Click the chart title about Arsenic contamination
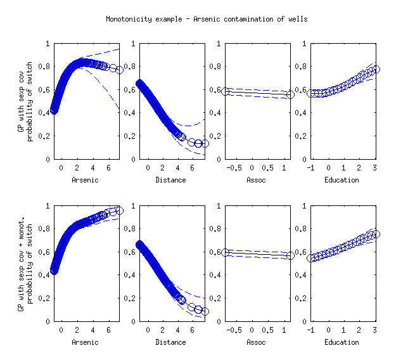point(207,19)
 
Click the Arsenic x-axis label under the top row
point(86,180)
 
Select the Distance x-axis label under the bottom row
point(170,342)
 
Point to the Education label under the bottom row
point(342,342)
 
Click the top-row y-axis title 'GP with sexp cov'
point(22,101)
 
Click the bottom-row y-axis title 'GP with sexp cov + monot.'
point(22,264)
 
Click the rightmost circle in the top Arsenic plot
point(120,70)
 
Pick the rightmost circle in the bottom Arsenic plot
point(119,210)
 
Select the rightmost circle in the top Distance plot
point(205,144)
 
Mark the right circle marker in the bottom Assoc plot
point(290,255)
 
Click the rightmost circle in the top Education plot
point(376,69)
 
